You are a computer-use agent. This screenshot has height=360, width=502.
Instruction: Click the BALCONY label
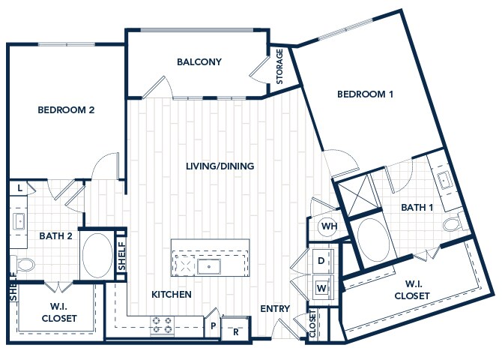199,61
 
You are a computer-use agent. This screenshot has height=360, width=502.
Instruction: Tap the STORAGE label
279,66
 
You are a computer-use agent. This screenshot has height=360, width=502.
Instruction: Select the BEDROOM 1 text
365,94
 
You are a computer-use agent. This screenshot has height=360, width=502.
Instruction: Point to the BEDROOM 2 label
66,110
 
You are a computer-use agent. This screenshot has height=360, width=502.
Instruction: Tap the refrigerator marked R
235,328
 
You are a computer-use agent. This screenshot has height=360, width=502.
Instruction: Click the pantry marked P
212,325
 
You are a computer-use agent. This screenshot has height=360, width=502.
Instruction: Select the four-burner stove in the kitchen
163,325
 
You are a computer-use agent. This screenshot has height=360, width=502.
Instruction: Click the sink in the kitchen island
209,266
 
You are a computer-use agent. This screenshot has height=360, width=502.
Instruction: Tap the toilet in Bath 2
22,264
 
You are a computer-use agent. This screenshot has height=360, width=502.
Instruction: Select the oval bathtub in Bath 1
373,240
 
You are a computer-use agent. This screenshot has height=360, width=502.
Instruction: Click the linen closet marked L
19,188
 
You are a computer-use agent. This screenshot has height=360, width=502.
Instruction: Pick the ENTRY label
275,308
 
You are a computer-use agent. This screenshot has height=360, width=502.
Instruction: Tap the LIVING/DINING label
220,166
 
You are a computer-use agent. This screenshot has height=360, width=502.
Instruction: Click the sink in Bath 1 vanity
445,180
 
